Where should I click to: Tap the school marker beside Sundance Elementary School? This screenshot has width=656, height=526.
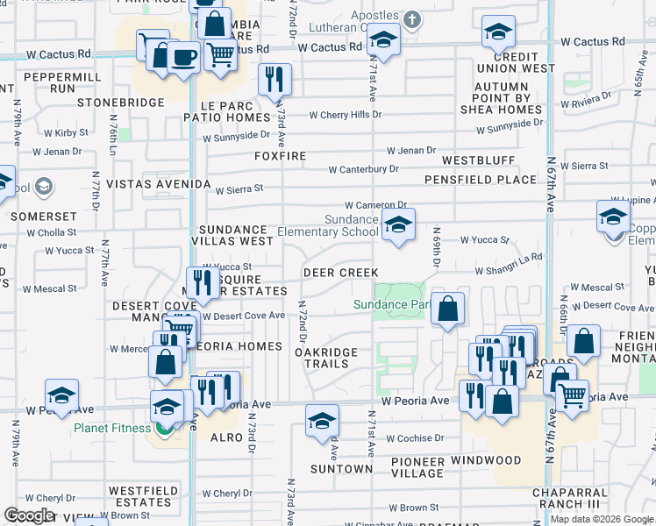click(398, 226)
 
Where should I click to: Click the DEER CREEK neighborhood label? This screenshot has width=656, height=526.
click(340, 273)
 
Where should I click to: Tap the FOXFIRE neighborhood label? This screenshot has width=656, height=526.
click(281, 156)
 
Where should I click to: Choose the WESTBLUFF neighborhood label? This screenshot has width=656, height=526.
click(478, 161)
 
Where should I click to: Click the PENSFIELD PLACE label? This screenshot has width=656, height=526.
click(480, 180)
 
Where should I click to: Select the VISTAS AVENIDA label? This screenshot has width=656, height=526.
click(159, 185)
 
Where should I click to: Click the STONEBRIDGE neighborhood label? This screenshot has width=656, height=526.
click(121, 103)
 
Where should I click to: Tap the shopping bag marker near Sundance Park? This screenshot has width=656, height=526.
click(447, 309)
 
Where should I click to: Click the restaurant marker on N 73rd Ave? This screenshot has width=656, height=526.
click(275, 80)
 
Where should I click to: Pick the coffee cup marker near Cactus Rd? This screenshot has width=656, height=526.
click(182, 58)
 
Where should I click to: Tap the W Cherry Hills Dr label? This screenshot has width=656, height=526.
click(346, 115)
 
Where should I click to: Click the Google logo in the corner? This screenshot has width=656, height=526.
click(29, 515)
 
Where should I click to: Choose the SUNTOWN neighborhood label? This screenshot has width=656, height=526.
click(341, 469)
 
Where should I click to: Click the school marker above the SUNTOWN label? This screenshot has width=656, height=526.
click(322, 421)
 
